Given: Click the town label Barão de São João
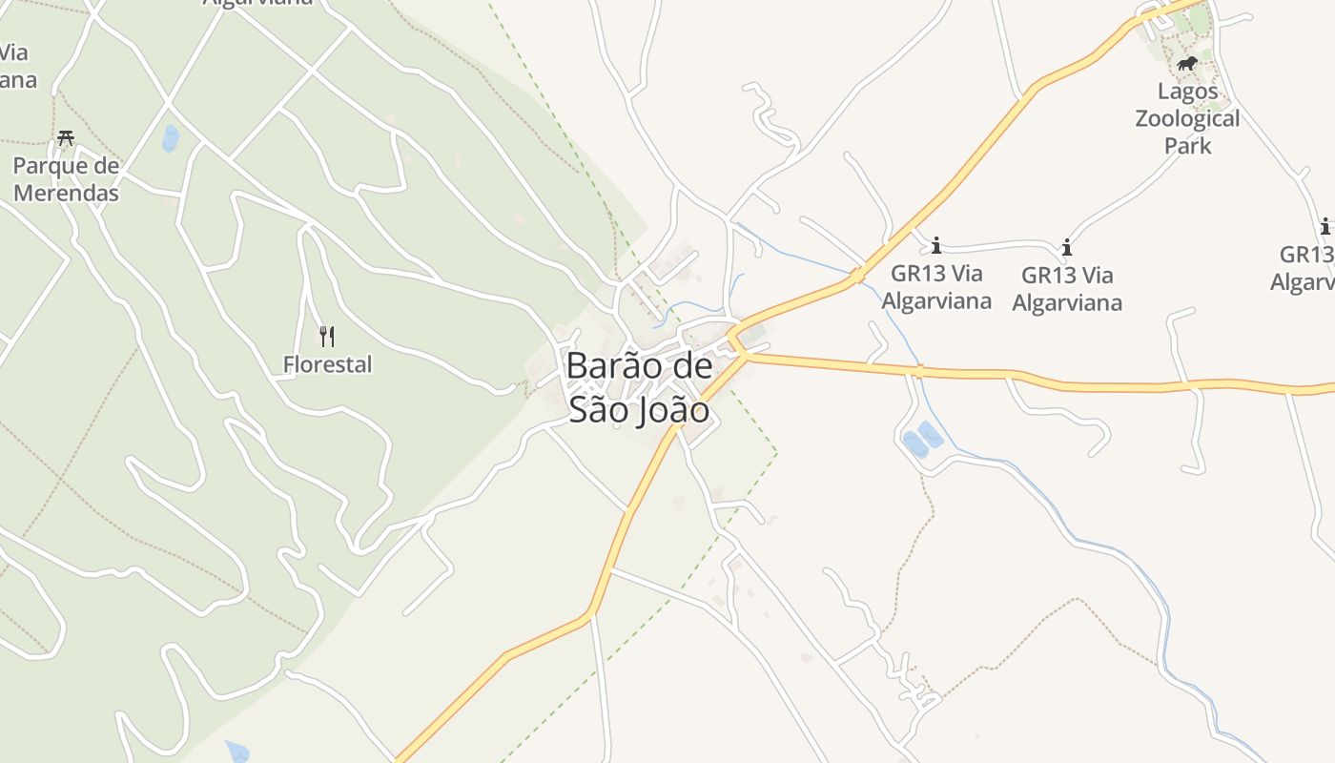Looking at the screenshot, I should [639, 387].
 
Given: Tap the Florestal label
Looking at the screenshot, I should [327, 364].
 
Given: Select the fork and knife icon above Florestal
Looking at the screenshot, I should [327, 336].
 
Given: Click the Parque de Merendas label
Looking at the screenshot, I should [66, 179].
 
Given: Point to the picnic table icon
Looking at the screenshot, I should [66, 138].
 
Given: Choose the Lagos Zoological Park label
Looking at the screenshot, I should [1187, 118].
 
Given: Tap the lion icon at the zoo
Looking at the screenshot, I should [1187, 64].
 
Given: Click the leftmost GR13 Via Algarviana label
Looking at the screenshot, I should [935, 287].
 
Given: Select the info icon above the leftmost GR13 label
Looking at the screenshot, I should [935, 245].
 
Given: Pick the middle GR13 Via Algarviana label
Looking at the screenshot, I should [1066, 289].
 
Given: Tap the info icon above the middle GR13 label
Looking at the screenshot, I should [1066, 248].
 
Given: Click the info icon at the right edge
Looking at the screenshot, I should [1325, 227].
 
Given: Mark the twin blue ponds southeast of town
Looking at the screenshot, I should [922, 440].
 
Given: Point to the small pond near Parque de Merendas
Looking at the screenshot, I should [171, 138].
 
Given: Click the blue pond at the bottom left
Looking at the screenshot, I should [236, 752].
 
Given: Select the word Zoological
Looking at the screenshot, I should [1187, 118].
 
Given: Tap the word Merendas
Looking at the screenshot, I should [66, 193].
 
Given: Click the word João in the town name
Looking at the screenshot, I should [673, 410].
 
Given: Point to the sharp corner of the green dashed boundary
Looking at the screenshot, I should [776, 452].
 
